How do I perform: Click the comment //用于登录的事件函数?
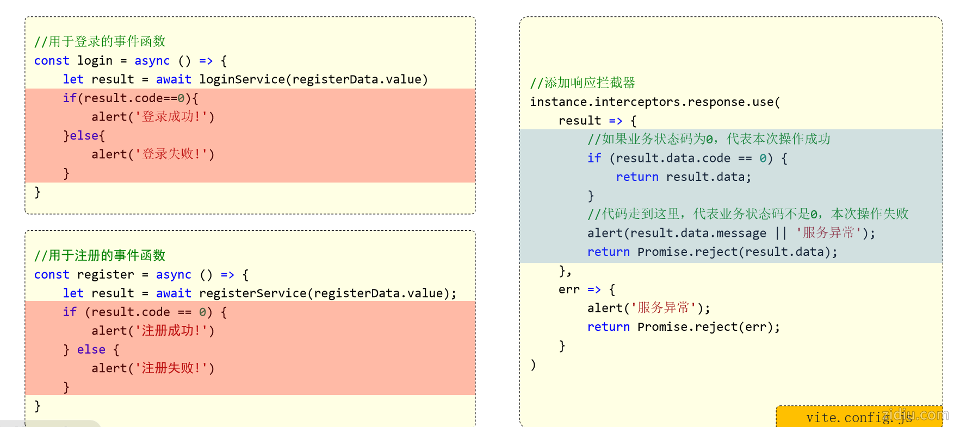pyautogui.click(x=100, y=41)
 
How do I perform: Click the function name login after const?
pyautogui.click(x=95, y=61)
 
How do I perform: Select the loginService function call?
pyautogui.click(x=241, y=79)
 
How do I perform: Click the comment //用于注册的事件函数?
pyautogui.click(x=100, y=255)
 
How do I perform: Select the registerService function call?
pyautogui.click(x=252, y=293)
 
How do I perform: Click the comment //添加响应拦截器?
pyautogui.click(x=583, y=83)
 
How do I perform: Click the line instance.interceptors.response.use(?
pyautogui.click(x=655, y=102)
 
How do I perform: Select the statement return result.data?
pyautogui.click(x=683, y=177)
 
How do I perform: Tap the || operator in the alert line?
pyautogui.click(x=781, y=233)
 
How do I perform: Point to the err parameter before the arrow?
pyautogui.click(x=569, y=290)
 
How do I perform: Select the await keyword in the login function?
pyautogui.click(x=174, y=79)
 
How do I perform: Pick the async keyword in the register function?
pyautogui.click(x=174, y=275)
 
